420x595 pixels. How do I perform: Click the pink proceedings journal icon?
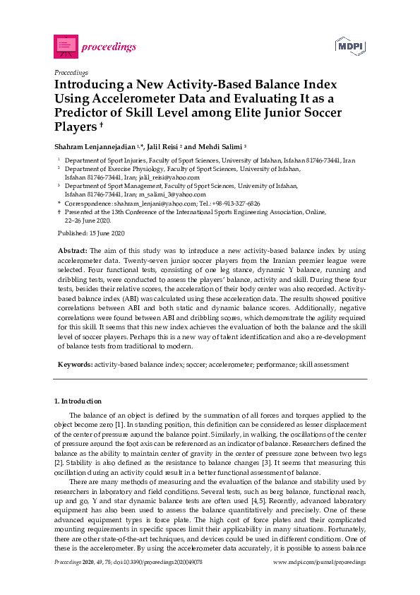(66, 47)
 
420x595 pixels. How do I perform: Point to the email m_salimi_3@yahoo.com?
(172, 194)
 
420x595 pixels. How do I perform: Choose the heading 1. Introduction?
(78, 401)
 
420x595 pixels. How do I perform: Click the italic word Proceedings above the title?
(71, 72)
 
